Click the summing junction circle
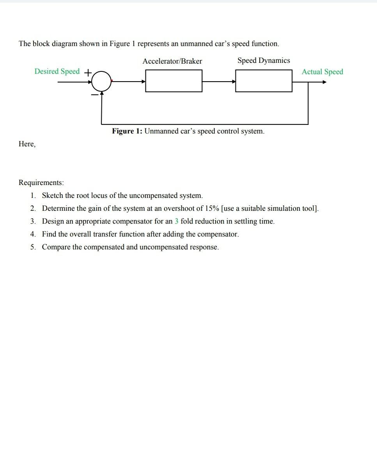[x=101, y=81]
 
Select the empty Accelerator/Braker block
[x=174, y=81]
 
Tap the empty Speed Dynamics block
[x=264, y=81]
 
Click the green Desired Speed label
[x=57, y=71]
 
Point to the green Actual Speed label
[x=322, y=71]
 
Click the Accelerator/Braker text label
[x=172, y=61]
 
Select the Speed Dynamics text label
[x=264, y=60]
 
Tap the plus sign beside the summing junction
[x=88, y=73]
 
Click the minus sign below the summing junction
[x=94, y=94]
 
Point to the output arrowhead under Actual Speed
[x=324, y=82]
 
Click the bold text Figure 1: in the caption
[x=127, y=131]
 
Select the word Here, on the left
[x=27, y=144]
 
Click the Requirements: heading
[x=41, y=183]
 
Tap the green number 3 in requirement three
[x=176, y=221]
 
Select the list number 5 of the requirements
[x=33, y=247]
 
